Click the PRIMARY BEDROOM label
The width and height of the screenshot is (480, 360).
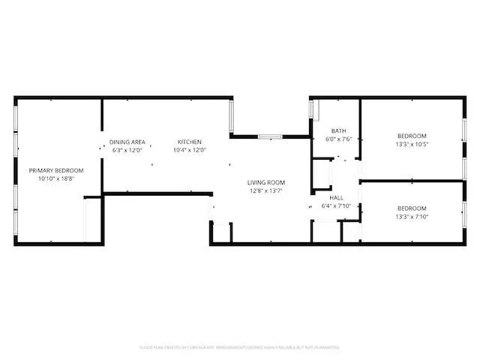56,171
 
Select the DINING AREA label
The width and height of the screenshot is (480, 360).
127,142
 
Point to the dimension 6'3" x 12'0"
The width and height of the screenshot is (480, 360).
127,150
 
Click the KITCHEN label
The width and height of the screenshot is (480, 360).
189,142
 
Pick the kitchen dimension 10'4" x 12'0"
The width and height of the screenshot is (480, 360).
189,150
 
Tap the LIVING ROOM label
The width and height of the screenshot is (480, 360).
266,182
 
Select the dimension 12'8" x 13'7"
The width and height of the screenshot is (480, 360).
266,190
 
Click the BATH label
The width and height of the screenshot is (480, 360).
339,130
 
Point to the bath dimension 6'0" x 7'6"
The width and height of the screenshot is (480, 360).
339,139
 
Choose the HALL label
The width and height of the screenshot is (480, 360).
336,198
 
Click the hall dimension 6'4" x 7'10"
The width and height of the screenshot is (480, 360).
336,206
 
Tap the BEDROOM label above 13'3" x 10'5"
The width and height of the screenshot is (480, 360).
412,136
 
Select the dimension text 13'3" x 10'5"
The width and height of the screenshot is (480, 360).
412,144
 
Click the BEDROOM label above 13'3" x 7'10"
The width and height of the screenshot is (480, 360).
412,208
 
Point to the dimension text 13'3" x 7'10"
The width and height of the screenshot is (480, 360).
412,216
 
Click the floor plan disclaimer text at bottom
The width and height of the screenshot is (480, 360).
240,347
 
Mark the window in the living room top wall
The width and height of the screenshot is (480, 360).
270,136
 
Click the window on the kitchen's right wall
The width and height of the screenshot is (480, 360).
232,116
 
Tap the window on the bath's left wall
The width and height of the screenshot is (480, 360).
311,109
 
